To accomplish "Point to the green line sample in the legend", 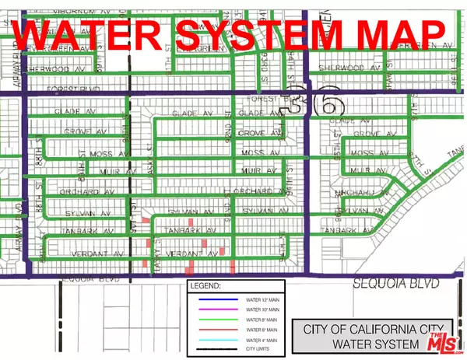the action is pyautogui.click(x=214, y=320).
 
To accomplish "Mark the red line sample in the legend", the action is pyautogui.click(x=214, y=330).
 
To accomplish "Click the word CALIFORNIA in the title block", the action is pyautogui.click(x=365, y=326).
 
